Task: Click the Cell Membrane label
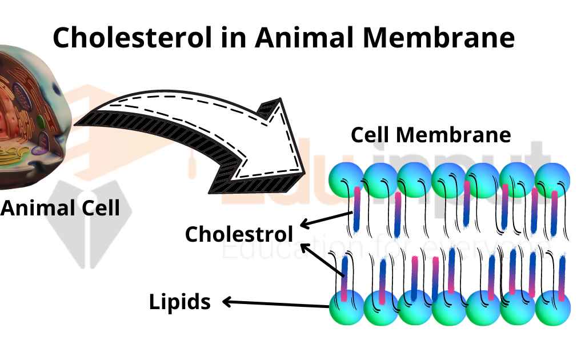tap(430, 135)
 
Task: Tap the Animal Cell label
tap(60, 207)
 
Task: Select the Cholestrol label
tap(239, 234)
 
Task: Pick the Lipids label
tap(180, 302)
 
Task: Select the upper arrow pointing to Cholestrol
tap(326, 220)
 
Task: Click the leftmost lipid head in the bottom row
tap(346, 309)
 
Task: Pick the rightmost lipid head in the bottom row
tap(552, 309)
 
